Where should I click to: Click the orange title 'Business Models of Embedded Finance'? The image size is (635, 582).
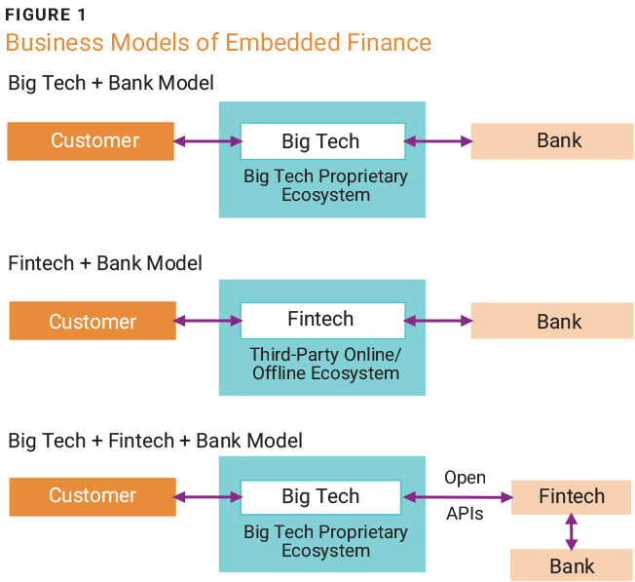(218, 44)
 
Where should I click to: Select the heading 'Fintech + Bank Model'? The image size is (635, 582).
(105, 263)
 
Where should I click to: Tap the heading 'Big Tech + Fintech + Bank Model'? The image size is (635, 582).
(155, 441)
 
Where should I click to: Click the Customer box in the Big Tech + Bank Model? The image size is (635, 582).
(91, 140)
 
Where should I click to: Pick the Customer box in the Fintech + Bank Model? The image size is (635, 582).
(93, 321)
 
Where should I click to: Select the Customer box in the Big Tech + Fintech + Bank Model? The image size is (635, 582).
(93, 496)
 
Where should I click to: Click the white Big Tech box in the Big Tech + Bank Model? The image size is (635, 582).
(321, 141)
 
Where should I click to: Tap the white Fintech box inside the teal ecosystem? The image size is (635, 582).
(321, 320)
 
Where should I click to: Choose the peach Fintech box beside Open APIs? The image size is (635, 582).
(572, 496)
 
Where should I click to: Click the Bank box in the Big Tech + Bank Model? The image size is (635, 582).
(552, 140)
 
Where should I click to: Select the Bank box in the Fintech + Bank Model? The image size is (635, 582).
(552, 321)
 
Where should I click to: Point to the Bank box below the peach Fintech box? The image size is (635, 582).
(572, 565)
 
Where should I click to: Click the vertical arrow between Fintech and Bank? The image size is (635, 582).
(572, 531)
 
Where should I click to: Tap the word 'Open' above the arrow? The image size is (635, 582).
(465, 478)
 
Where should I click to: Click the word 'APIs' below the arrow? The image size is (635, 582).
(465, 514)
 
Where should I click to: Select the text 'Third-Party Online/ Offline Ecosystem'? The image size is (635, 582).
(324, 364)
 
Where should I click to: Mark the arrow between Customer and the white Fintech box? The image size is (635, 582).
(207, 320)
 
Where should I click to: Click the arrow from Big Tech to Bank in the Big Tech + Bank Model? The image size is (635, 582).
(438, 141)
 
